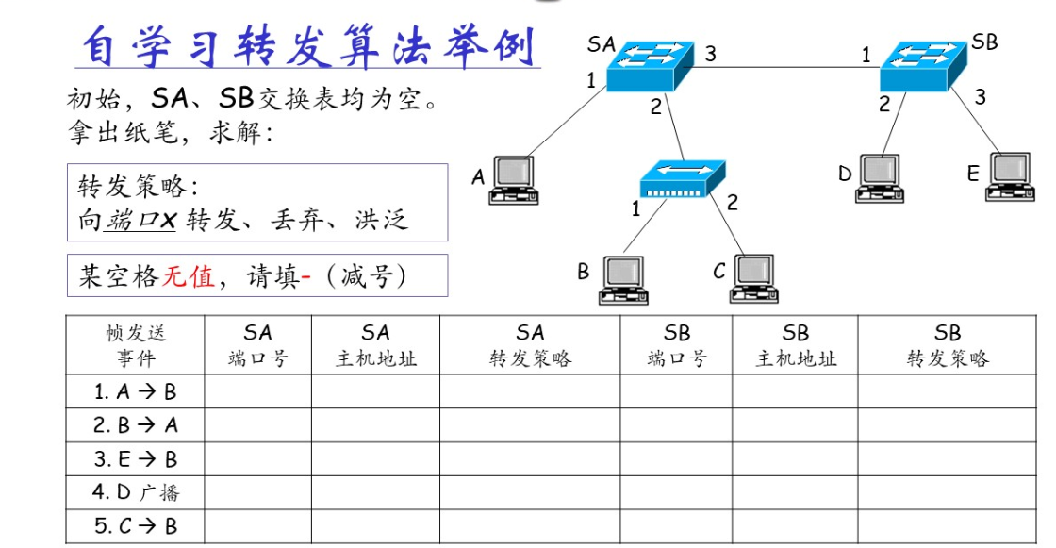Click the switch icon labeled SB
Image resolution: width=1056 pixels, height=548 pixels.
(923, 65)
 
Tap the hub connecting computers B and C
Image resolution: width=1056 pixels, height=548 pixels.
(682, 178)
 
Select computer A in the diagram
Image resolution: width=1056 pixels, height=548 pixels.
(513, 180)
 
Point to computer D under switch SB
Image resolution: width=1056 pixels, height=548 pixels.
(879, 178)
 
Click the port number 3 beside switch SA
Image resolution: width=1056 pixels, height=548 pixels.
(710, 54)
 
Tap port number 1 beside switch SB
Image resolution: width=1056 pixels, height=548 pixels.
(866, 56)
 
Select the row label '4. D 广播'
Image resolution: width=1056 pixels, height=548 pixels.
(136, 492)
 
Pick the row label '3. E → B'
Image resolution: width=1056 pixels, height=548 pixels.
(136, 459)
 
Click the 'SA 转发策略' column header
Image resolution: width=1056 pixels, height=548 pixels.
(530, 345)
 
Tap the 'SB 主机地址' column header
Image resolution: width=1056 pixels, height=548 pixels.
(795, 345)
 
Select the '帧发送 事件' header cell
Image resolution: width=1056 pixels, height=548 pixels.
(136, 345)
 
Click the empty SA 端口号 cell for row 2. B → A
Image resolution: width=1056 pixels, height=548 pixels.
(257, 425)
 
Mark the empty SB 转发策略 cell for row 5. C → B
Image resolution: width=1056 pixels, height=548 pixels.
(948, 525)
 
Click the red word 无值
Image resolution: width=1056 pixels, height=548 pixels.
(189, 276)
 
